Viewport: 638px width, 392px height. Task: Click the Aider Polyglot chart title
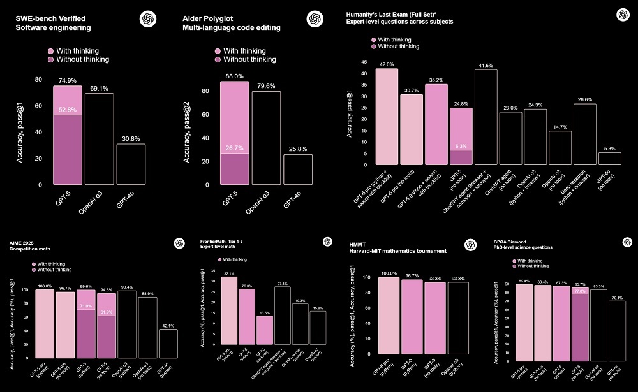[x=231, y=23]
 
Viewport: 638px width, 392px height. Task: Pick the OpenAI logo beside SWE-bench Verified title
[x=147, y=19]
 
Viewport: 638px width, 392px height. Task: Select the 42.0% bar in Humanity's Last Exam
[x=387, y=116]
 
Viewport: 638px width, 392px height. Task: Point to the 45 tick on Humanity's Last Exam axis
[x=364, y=62]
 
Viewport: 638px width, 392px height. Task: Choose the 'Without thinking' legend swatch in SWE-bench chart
[x=52, y=59]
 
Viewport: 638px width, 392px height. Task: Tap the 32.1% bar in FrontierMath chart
[x=229, y=310]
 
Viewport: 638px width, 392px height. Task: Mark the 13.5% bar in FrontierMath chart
[x=264, y=330]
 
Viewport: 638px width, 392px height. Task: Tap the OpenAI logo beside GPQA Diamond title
[x=627, y=243]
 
